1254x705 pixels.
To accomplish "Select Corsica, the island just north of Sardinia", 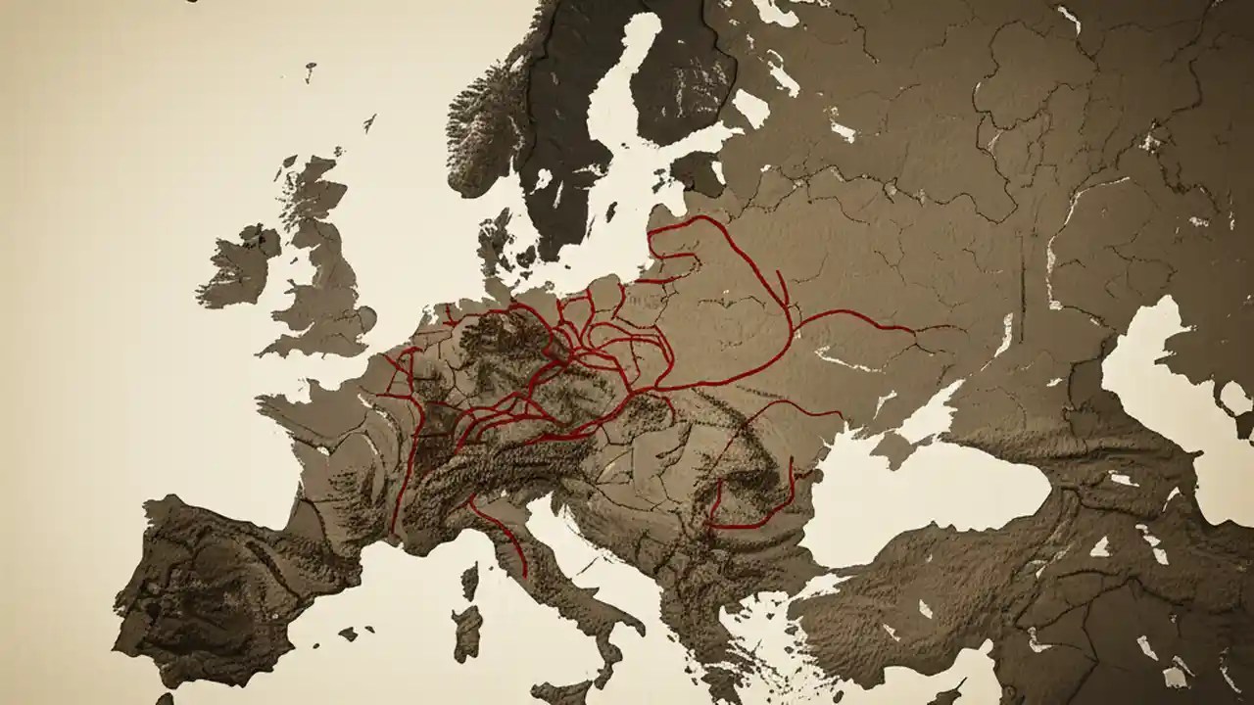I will [469, 583].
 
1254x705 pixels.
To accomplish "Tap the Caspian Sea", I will [1176, 392].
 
